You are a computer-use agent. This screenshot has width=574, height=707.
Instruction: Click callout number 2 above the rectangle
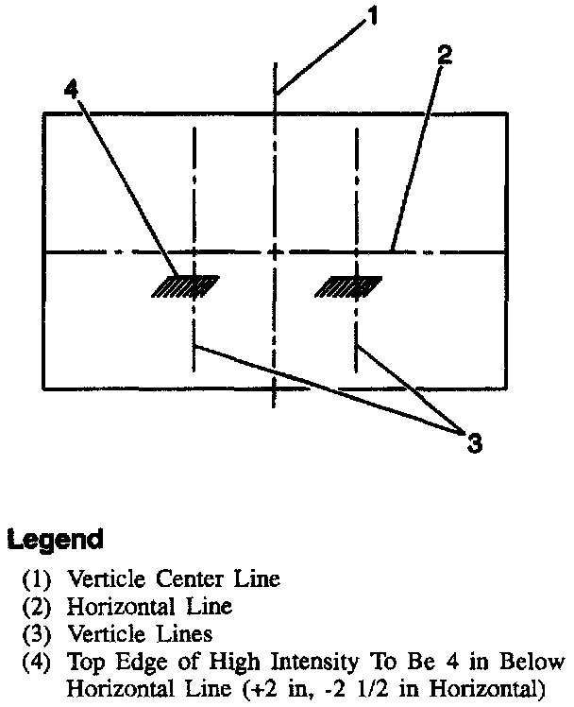[445, 54]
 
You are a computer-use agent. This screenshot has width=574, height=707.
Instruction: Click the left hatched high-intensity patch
[185, 285]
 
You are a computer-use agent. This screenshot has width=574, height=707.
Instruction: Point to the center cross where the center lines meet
[275, 252]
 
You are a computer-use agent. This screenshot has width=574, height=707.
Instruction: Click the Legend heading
[55, 541]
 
